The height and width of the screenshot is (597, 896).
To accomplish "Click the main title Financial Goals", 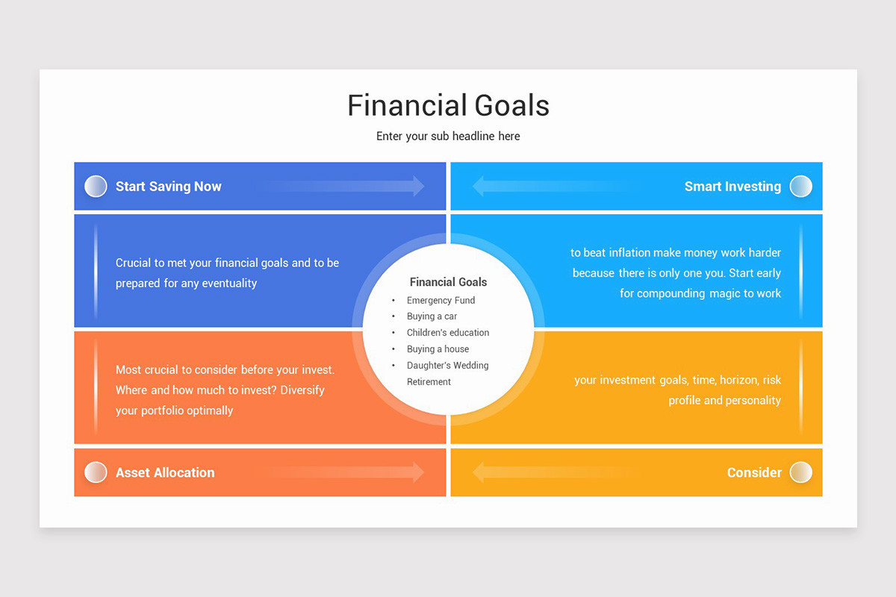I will pyautogui.click(x=448, y=105).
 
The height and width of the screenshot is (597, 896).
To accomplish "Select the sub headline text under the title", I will pyautogui.click(x=448, y=137).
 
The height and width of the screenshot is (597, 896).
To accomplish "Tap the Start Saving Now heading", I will pyautogui.click(x=168, y=187).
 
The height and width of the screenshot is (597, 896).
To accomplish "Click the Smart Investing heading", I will pyautogui.click(x=732, y=187).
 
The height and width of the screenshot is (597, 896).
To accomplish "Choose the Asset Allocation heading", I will pyautogui.click(x=165, y=472).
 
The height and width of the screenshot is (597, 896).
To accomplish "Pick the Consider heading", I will pyautogui.click(x=754, y=472).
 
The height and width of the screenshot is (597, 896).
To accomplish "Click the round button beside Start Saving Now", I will pyautogui.click(x=96, y=187).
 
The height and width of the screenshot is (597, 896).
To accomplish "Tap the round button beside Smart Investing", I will pyautogui.click(x=800, y=187).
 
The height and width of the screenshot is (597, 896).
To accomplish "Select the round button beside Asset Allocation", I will pyautogui.click(x=96, y=472).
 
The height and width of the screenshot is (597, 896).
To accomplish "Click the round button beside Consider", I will pyautogui.click(x=800, y=472).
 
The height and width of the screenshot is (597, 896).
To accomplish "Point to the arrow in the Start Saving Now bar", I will pyautogui.click(x=351, y=187).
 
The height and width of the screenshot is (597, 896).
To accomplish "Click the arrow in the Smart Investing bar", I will pyautogui.click(x=545, y=187).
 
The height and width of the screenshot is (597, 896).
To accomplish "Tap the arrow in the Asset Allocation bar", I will pyautogui.click(x=351, y=472).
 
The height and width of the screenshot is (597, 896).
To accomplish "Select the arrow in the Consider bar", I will pyautogui.click(x=545, y=472).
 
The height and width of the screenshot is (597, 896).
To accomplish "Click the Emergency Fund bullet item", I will pyautogui.click(x=441, y=300).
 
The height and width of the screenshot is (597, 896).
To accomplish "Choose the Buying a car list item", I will pyautogui.click(x=432, y=316).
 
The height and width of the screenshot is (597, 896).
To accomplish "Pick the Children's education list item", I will pyautogui.click(x=448, y=333).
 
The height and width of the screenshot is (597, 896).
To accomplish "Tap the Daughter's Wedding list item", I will pyautogui.click(x=447, y=366).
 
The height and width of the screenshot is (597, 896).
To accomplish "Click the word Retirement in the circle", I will pyautogui.click(x=429, y=382).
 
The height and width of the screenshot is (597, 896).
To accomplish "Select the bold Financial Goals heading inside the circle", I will pyautogui.click(x=448, y=282).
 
